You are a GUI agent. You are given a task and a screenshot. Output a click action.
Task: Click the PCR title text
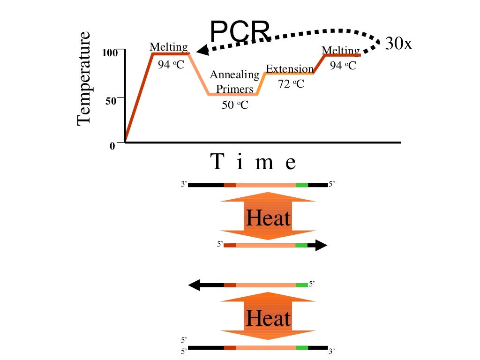240,32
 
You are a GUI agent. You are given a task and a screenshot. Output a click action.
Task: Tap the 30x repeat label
398,44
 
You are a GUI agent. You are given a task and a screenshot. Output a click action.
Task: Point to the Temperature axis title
83,79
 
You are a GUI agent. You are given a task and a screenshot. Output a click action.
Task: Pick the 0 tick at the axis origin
112,146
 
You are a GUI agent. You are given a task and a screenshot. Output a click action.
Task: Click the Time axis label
254,163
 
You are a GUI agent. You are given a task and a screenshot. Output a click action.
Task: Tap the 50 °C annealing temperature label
235,105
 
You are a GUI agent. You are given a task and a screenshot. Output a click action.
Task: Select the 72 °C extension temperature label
291,84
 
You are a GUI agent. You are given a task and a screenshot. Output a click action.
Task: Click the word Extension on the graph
289,69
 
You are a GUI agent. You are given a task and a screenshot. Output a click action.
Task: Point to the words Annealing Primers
234,82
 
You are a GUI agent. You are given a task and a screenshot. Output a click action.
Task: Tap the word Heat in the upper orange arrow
268,218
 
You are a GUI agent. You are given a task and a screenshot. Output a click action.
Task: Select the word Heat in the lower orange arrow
268,319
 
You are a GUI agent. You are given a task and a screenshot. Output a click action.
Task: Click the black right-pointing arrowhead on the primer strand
321,245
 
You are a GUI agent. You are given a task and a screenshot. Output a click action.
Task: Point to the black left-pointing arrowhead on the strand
194,285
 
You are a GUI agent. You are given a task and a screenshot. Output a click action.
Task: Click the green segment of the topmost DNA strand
302,185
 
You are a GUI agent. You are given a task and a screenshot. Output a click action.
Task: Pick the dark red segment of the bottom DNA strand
230,348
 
